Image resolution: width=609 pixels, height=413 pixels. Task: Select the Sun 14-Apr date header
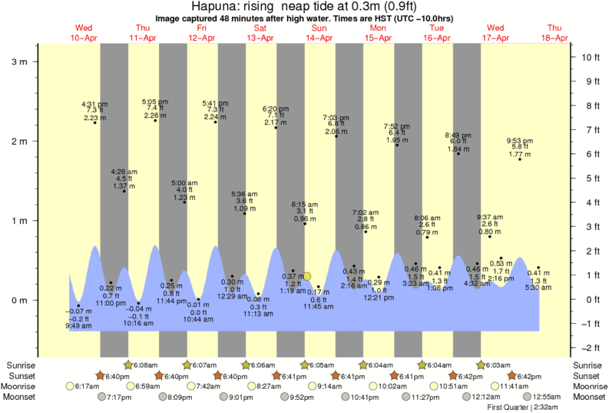pos(319,32)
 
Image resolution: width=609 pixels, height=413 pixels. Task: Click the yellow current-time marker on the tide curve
pos(307,276)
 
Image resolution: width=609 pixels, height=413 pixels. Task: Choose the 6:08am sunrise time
pos(144,365)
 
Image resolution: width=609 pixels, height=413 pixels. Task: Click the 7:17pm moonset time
pos(117,397)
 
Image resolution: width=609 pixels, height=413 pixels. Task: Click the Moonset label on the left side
pos(21,397)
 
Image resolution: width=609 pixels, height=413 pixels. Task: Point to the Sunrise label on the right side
pos(588,365)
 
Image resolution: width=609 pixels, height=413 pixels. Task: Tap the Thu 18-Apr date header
pos(554,32)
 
